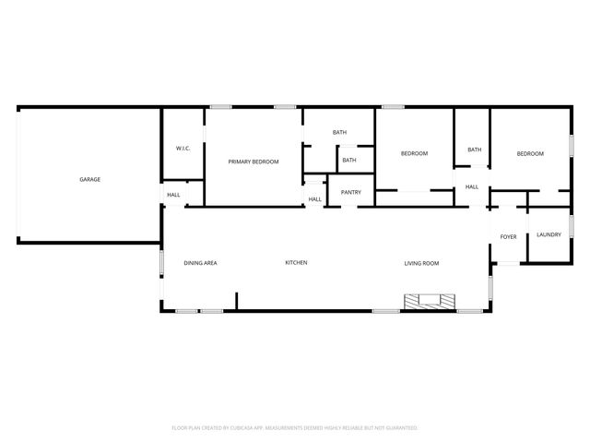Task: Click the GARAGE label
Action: click(x=89, y=179)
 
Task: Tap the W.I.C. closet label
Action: click(x=183, y=149)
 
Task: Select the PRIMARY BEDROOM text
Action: click(x=254, y=162)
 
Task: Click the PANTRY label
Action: click(x=350, y=192)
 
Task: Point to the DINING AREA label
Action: click(x=200, y=263)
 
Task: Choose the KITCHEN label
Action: click(x=296, y=263)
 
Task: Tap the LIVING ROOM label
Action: click(x=421, y=263)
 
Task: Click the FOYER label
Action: click(x=508, y=237)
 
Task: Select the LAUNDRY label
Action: click(x=549, y=234)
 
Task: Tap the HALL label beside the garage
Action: click(x=173, y=195)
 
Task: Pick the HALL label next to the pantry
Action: click(x=314, y=199)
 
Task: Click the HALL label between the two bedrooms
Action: click(x=471, y=187)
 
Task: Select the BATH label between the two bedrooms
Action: click(x=474, y=150)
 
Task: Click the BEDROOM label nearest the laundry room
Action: click(x=530, y=153)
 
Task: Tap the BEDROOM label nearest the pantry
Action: click(x=414, y=153)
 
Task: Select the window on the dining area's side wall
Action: click(x=162, y=264)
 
